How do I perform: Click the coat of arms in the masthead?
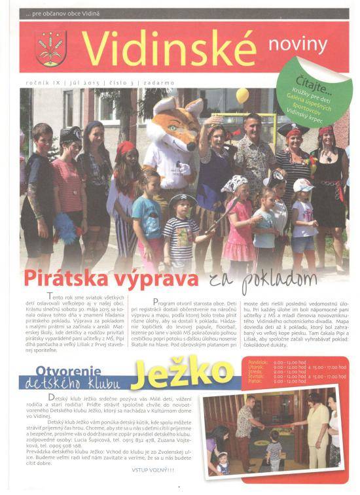48,50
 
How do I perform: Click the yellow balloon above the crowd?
243,96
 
